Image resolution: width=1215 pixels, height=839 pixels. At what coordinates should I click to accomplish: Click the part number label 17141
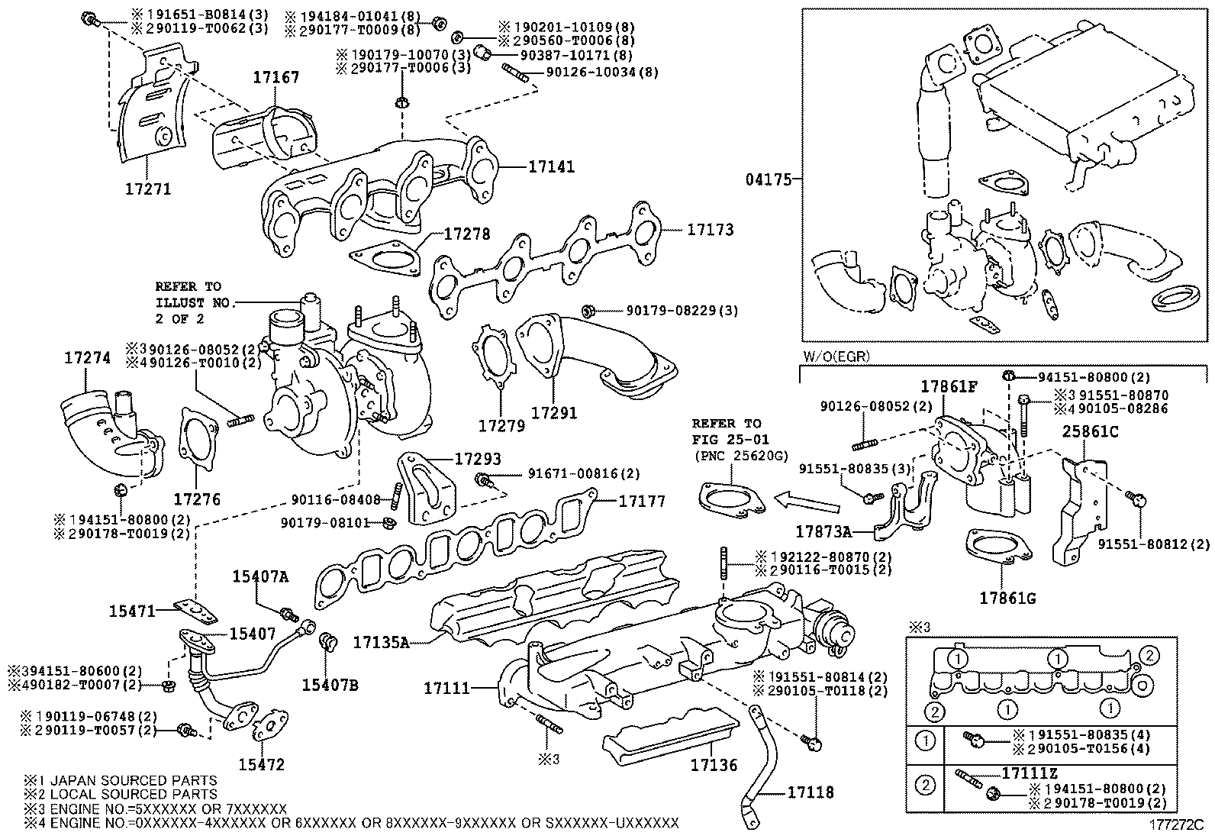click(x=551, y=166)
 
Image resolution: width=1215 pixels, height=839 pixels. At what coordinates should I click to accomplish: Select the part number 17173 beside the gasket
click(x=710, y=229)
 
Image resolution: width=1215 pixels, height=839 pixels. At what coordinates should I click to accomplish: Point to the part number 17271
click(x=148, y=189)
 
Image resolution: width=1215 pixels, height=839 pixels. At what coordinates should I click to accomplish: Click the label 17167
click(x=276, y=77)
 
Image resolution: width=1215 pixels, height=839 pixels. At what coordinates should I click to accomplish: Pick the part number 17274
click(x=87, y=357)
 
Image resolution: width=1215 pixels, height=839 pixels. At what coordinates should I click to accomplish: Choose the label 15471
click(x=132, y=611)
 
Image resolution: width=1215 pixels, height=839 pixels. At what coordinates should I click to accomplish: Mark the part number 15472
click(x=261, y=764)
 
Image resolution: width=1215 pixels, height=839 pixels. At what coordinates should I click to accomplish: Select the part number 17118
click(x=811, y=792)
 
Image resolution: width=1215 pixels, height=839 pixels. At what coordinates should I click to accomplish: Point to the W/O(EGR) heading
click(x=836, y=357)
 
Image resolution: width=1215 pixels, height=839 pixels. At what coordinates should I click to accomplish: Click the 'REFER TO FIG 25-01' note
click(x=727, y=431)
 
